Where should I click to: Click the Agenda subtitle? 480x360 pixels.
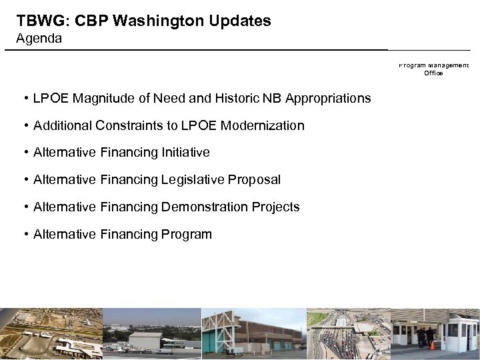(x=39, y=39)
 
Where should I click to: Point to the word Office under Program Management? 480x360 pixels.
(x=433, y=73)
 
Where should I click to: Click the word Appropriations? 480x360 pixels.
(x=328, y=99)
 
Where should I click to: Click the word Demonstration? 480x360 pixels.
(x=204, y=207)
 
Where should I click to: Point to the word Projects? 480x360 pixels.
(x=275, y=207)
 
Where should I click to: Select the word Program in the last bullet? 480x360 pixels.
(x=187, y=235)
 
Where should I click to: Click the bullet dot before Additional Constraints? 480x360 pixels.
(x=25, y=125)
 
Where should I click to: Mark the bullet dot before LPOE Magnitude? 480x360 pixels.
(x=25, y=99)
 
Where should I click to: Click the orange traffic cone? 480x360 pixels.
(x=432, y=345)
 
